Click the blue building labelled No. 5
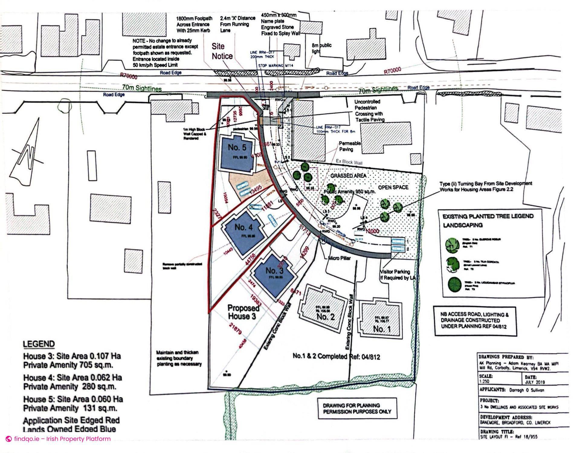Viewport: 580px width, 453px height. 237,154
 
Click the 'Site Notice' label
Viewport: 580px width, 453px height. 222,51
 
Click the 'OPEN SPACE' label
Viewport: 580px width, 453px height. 393,187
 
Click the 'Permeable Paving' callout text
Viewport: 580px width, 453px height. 350,146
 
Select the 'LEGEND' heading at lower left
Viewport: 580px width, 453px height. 39,344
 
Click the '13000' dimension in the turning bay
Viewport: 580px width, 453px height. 372,231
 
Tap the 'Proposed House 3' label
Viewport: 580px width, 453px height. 243,312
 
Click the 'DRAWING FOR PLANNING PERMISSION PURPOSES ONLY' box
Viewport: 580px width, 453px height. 357,408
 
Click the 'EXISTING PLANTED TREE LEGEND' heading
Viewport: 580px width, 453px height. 488,216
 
